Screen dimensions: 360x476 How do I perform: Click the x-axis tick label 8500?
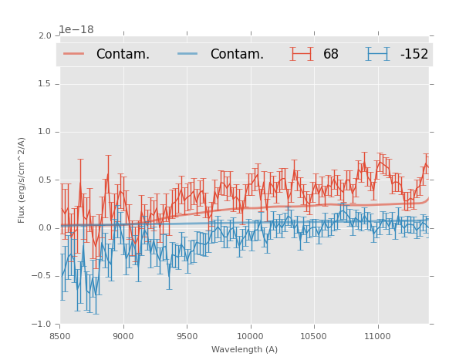(x=59, y=336)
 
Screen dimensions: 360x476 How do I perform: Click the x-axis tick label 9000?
(x=123, y=336)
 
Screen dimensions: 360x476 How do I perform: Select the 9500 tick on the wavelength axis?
(x=187, y=336)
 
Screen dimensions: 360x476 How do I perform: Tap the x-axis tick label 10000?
(x=250, y=336)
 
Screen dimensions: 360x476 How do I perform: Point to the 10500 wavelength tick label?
(x=313, y=336)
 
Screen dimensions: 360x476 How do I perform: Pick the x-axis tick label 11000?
(x=377, y=336)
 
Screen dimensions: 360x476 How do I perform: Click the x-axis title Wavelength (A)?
(x=245, y=350)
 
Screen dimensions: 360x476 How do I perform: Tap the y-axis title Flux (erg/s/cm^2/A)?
(x=22, y=180)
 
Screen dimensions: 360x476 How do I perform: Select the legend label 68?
(x=331, y=54)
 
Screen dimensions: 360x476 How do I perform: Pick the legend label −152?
(x=414, y=54)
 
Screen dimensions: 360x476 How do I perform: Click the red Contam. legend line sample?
(x=73, y=53)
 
